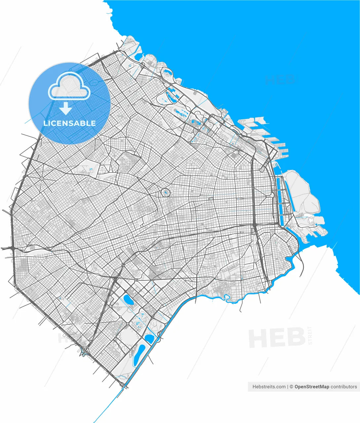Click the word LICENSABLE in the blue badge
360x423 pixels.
pyautogui.click(x=70, y=123)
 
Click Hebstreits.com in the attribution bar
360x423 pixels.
pyautogui.click(x=269, y=387)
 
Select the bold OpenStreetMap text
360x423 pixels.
pyautogui.click(x=311, y=387)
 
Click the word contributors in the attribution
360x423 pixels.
pyautogui.click(x=344, y=387)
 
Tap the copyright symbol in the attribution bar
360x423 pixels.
pyautogui.click(x=291, y=387)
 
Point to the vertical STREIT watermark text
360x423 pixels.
pyautogui.click(x=310, y=335)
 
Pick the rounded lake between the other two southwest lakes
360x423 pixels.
pyautogui.click(x=149, y=338)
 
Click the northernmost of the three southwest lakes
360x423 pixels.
pyautogui.click(x=128, y=300)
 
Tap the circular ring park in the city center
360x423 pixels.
pyautogui.click(x=165, y=192)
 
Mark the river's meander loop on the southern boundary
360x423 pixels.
pyautogui.click(x=226, y=297)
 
